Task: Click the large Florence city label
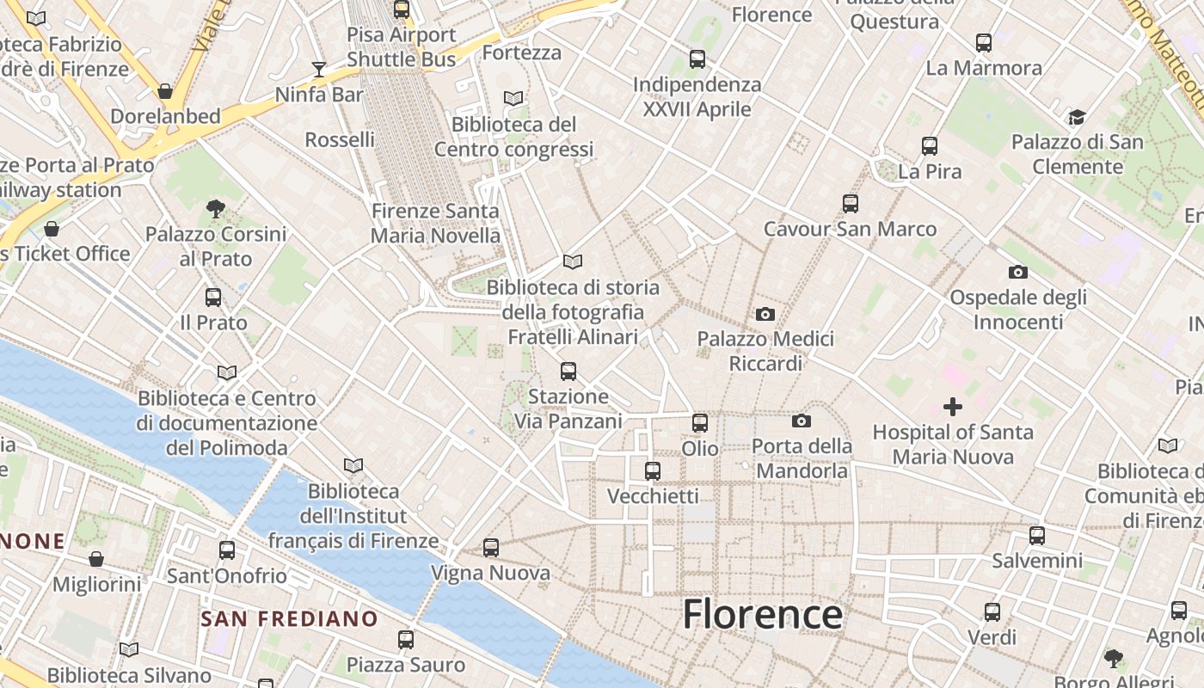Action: click(762, 615)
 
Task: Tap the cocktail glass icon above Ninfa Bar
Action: click(319, 69)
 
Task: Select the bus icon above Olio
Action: click(700, 422)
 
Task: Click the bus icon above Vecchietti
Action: click(653, 470)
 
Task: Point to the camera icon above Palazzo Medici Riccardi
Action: click(765, 314)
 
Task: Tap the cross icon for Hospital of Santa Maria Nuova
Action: click(953, 406)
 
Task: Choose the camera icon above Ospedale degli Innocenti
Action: click(1018, 272)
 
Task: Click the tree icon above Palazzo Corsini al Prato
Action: click(216, 208)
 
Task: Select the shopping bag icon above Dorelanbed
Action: click(165, 90)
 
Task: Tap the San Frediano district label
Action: click(289, 618)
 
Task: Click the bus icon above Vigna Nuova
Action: click(491, 547)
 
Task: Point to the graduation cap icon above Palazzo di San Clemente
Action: click(1077, 117)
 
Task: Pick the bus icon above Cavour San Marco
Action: click(851, 203)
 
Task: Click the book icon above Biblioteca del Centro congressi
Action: click(513, 99)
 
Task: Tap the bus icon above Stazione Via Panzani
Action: click(568, 371)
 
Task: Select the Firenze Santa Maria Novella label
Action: click(435, 223)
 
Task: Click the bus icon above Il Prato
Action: click(213, 297)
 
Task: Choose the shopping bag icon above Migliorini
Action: click(96, 559)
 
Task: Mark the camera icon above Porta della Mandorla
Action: click(802, 421)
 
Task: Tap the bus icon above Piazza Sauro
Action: click(406, 639)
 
